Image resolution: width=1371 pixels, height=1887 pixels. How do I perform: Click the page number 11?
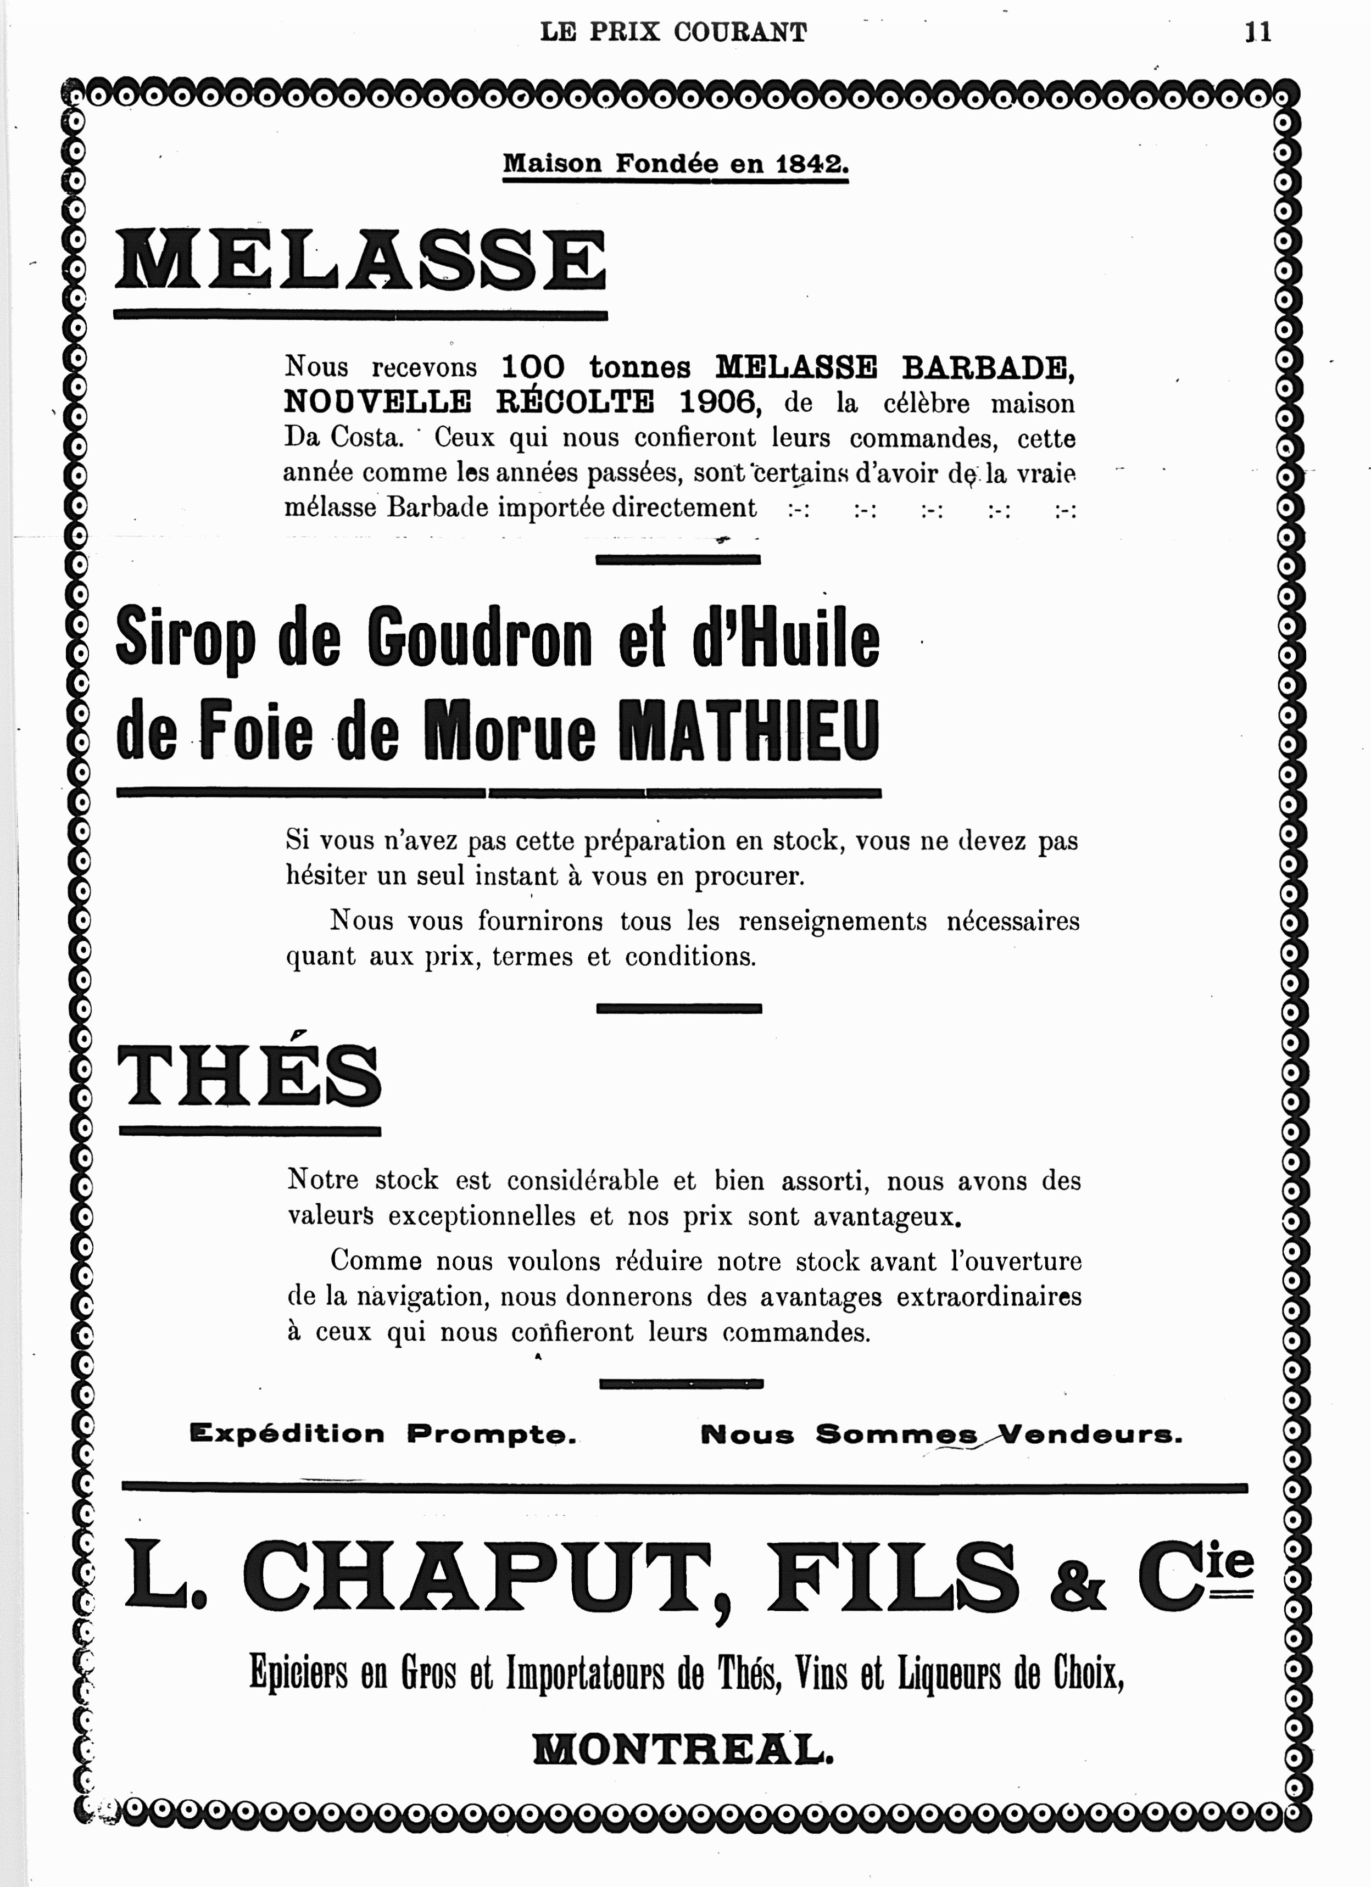point(1258,32)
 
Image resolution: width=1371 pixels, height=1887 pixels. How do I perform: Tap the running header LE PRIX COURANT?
point(673,32)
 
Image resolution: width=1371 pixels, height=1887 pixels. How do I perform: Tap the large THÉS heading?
point(249,1076)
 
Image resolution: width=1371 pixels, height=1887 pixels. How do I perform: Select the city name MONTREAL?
point(682,1751)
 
